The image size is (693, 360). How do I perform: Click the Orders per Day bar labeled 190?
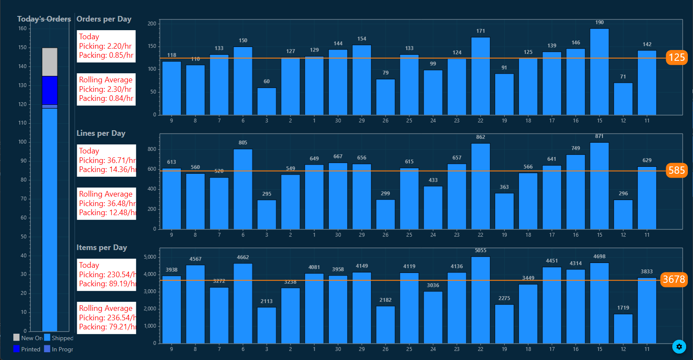(x=599, y=72)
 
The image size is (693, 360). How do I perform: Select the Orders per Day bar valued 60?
(x=267, y=101)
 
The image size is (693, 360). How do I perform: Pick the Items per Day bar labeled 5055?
(x=481, y=300)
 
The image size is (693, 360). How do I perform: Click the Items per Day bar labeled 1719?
(x=623, y=329)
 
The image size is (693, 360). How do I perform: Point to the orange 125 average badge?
(x=677, y=57)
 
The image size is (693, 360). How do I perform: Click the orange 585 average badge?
(x=677, y=170)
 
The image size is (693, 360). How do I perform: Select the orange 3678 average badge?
(x=674, y=279)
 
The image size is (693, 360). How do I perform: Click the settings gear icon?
(x=679, y=347)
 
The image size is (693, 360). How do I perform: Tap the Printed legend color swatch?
(x=17, y=349)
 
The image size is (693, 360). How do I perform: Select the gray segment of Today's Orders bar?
(x=50, y=62)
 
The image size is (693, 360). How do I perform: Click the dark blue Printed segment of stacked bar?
(x=50, y=90)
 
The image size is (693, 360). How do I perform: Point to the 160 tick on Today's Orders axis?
(x=22, y=28)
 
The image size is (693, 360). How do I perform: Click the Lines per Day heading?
(x=101, y=133)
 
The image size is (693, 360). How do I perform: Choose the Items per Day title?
(x=102, y=247)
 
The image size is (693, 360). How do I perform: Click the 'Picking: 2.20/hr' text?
(x=105, y=46)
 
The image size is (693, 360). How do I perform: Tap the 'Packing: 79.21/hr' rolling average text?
(x=107, y=327)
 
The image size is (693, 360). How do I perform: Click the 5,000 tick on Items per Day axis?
(x=150, y=257)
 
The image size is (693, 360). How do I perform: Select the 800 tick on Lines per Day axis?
(x=152, y=149)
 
